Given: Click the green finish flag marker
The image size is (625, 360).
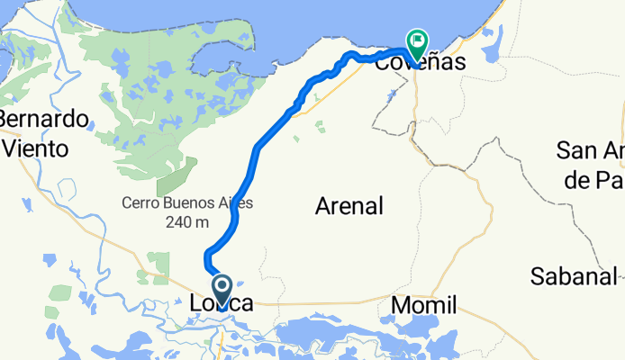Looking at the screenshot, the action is tap(417, 41).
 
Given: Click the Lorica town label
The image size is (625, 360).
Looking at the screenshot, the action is tap(222, 306).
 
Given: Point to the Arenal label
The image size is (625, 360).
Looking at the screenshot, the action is tap(349, 206).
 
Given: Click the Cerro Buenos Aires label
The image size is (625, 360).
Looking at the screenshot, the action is tap(187, 203).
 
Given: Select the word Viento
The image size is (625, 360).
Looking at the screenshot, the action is tap(35, 148).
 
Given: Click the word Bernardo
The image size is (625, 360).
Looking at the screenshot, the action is tap(44, 120).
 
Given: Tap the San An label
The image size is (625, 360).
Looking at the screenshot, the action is tap(591, 149).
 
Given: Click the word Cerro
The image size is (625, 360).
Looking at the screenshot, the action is tap(139, 203).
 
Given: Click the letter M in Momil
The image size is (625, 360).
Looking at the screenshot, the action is tap(402, 306).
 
